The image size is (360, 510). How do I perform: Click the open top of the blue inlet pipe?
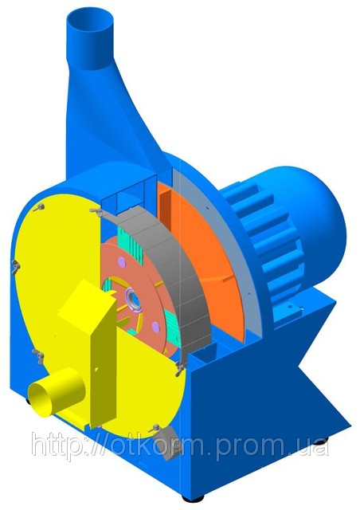[91, 23]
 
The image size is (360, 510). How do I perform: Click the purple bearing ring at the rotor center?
[133, 298]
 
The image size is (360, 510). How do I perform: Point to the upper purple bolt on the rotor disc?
[121, 261]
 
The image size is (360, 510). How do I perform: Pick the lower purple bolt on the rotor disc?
[156, 326]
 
